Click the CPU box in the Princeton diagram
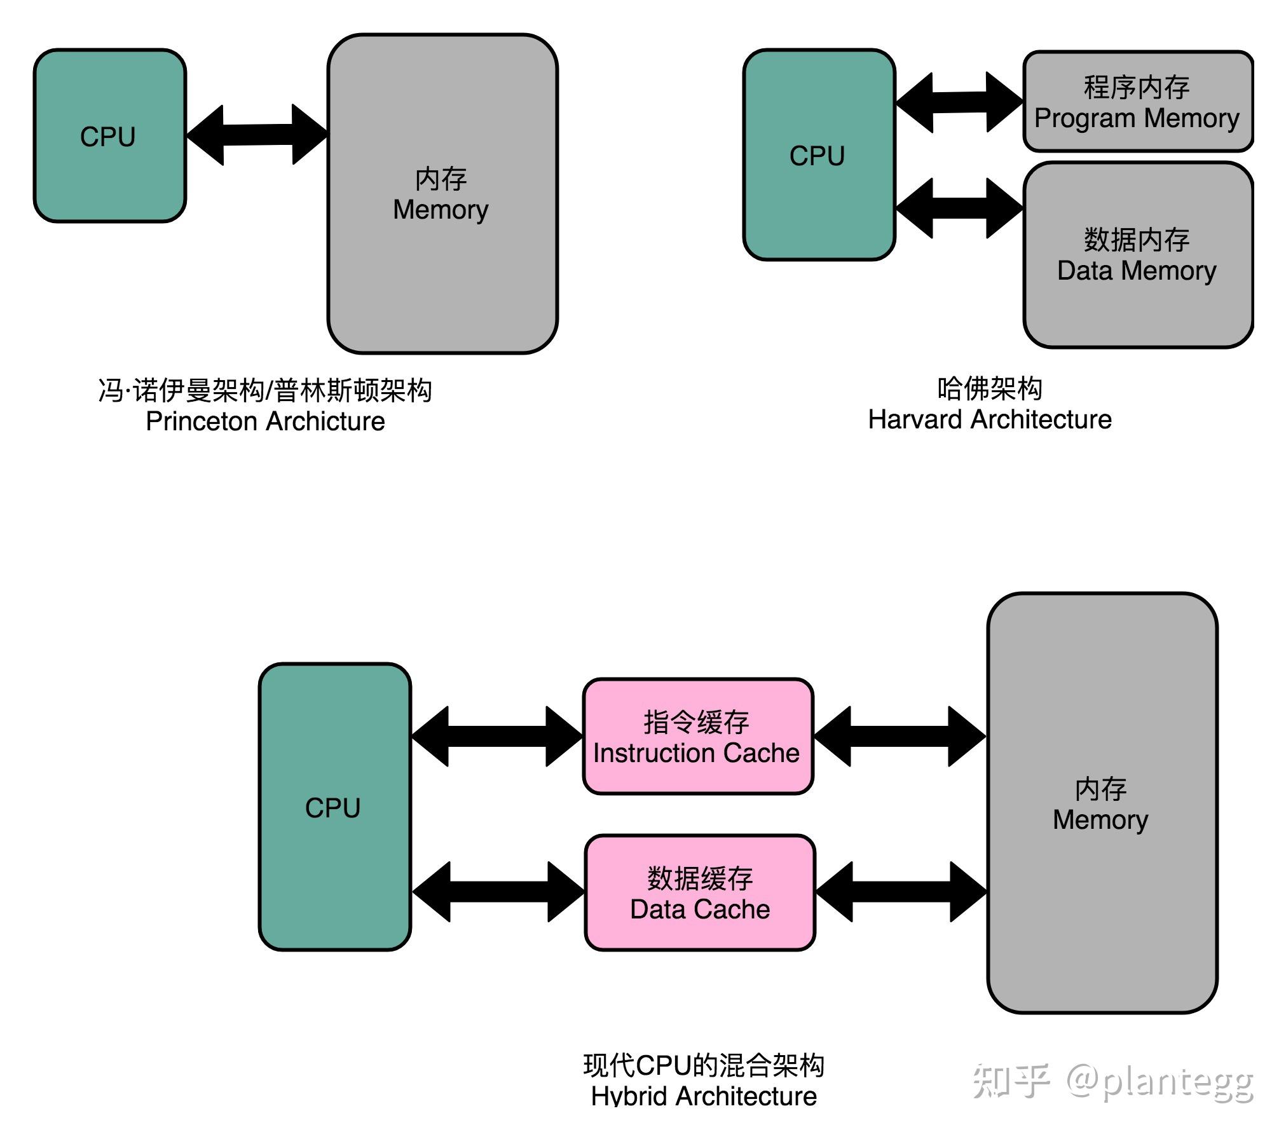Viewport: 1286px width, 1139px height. pyautogui.click(x=109, y=136)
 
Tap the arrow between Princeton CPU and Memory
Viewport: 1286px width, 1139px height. pyautogui.click(x=257, y=135)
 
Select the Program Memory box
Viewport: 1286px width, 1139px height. pyautogui.click(x=1137, y=102)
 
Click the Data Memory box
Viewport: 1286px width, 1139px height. pyautogui.click(x=1137, y=255)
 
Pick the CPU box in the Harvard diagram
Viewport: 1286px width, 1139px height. pyautogui.click(x=818, y=155)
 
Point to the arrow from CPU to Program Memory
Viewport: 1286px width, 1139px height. pyautogui.click(x=959, y=102)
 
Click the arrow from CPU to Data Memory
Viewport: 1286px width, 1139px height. pyautogui.click(x=959, y=208)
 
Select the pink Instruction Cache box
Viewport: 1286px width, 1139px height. pyautogui.click(x=697, y=736)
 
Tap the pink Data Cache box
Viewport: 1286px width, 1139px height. pyautogui.click(x=699, y=892)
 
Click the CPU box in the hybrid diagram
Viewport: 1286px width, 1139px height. pyautogui.click(x=334, y=807)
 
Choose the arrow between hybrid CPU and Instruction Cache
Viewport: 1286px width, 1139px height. pyautogui.click(x=497, y=736)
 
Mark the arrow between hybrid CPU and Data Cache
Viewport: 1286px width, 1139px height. pyautogui.click(x=498, y=892)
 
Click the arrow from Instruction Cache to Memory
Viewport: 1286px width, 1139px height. pyautogui.click(x=900, y=736)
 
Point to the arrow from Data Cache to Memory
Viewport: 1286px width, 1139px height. pyautogui.click(x=901, y=892)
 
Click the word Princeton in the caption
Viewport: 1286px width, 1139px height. pyautogui.click(x=201, y=421)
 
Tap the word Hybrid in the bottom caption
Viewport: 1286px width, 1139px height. pyautogui.click(x=629, y=1096)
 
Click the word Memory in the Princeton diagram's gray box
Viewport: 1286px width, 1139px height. pyautogui.click(x=440, y=210)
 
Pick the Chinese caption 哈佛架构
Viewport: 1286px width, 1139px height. pyautogui.click(x=989, y=388)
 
